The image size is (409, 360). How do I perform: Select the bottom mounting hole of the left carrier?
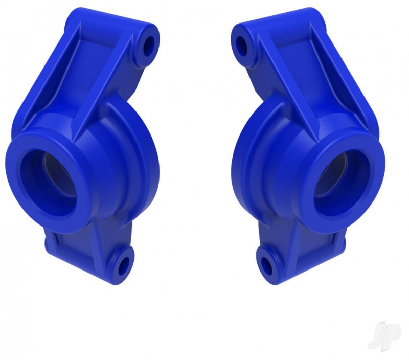124,266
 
